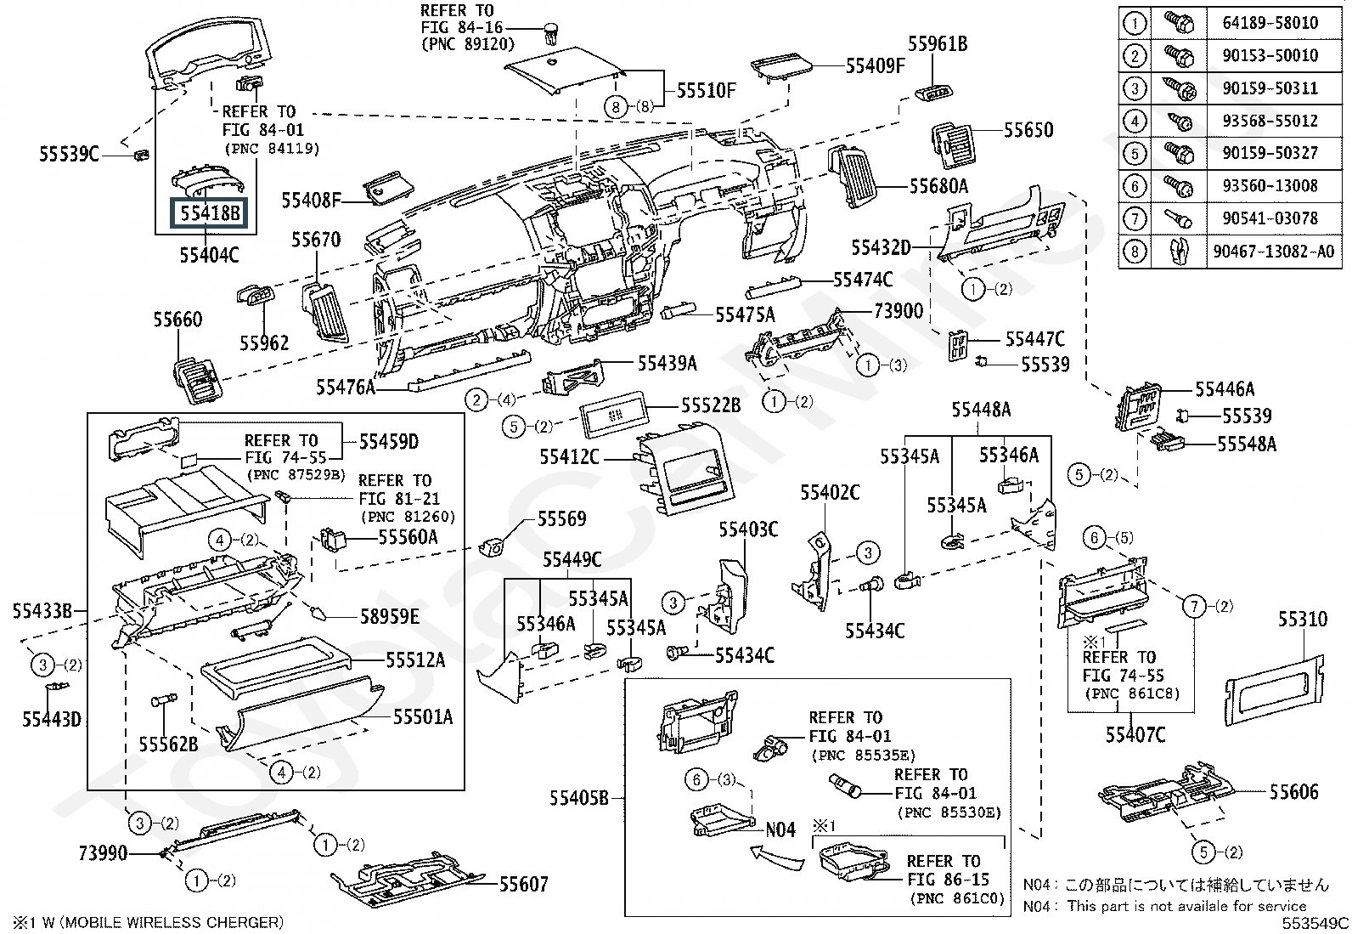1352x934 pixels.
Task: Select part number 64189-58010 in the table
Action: click(1270, 23)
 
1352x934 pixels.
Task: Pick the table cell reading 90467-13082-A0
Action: click(1273, 252)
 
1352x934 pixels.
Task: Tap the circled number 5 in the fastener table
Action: click(1135, 154)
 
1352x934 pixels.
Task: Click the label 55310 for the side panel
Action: click(1302, 620)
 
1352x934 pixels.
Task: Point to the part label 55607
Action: click(523, 885)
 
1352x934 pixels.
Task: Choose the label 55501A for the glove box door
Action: click(422, 717)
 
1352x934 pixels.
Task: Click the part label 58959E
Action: click(389, 616)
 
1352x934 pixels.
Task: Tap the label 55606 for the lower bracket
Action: click(1294, 792)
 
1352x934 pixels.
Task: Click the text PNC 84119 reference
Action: click(273, 149)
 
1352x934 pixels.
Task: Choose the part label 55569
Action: click(561, 518)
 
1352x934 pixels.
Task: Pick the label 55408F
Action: click(312, 201)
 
